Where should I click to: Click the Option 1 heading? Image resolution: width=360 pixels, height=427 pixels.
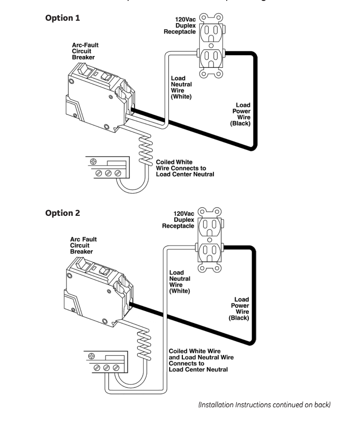click(62, 18)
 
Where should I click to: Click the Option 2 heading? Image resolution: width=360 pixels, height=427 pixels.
click(62, 213)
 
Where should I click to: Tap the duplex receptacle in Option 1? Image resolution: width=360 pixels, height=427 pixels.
click(211, 46)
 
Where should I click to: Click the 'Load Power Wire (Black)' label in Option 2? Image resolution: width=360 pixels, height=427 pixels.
click(240, 309)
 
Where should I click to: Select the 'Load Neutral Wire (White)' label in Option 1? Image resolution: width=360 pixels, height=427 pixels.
click(181, 87)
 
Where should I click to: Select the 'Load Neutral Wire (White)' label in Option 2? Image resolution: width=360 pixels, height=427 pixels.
click(180, 282)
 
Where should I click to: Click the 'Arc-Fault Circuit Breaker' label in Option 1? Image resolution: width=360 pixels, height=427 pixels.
click(85, 51)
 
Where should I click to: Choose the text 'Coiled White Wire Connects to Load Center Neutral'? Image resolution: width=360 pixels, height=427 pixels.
click(185, 168)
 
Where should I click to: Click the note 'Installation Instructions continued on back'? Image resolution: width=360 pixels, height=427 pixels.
click(264, 404)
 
